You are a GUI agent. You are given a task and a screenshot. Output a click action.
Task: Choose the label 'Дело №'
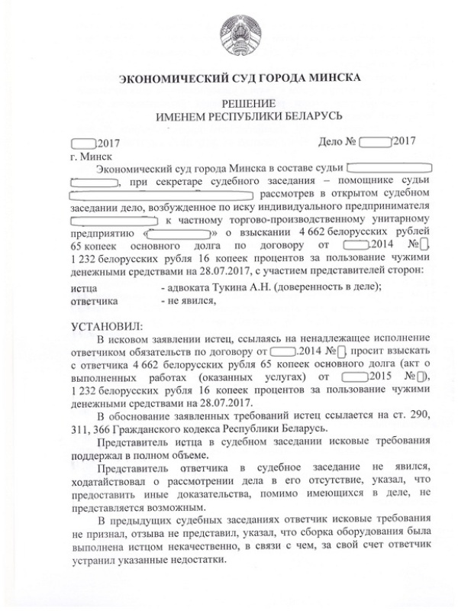[x=337, y=143]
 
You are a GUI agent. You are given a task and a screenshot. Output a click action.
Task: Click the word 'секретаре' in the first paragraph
[x=175, y=180]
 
